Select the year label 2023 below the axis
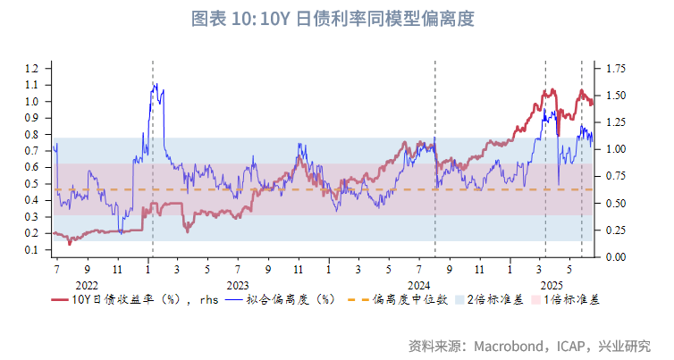[238, 282]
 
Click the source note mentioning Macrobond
[527, 344]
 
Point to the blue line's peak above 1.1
[155, 85]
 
